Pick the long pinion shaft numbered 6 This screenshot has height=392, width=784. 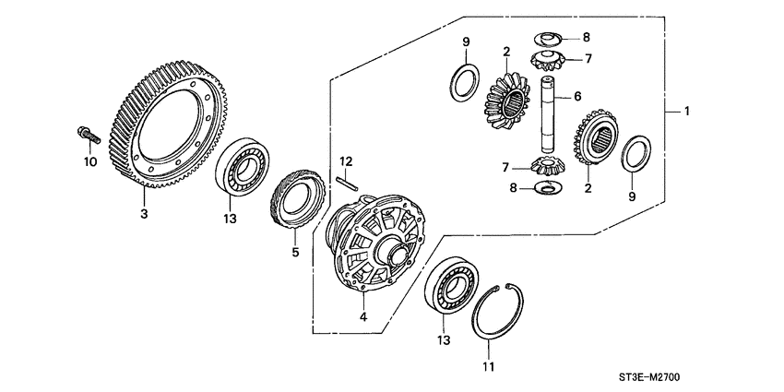click(x=549, y=116)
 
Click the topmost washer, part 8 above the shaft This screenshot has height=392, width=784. click(x=548, y=38)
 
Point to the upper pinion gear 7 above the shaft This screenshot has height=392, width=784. click(x=548, y=60)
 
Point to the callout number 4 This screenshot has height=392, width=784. click(x=363, y=316)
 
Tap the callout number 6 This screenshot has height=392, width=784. click(x=576, y=95)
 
